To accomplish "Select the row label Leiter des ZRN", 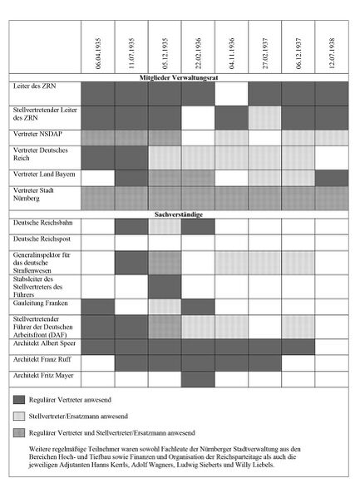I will point(32,86).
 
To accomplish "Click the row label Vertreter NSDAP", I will point(37,133).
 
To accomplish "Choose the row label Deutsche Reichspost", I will point(42,239).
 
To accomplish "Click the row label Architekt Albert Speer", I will point(47,342).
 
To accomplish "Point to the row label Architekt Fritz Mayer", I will point(45,376).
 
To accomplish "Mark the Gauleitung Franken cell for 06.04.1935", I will point(98,306).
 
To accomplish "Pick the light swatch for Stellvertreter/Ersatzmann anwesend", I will point(27,418).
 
